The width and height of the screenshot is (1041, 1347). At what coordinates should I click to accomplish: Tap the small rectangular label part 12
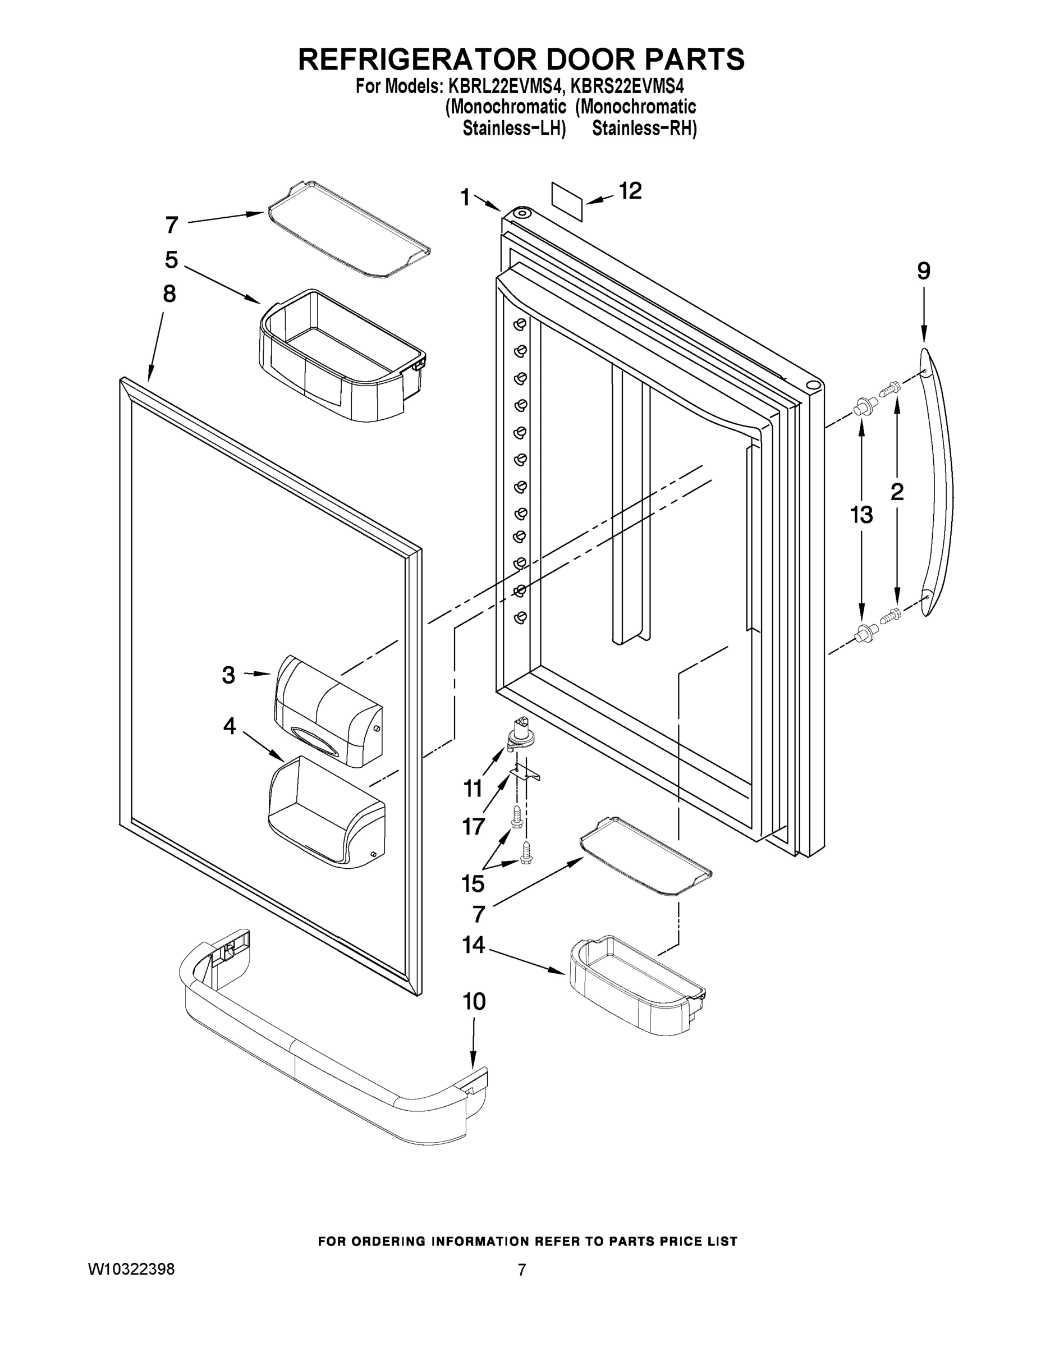point(567,201)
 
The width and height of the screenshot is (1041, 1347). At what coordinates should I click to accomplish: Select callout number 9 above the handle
point(923,272)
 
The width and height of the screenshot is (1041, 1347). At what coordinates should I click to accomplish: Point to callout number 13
point(861,514)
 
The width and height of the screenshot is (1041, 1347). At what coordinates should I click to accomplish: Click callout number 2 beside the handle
point(897,492)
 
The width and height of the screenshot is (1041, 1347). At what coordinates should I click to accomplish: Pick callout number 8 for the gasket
point(169,294)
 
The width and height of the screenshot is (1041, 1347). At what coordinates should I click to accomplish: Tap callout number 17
point(474,826)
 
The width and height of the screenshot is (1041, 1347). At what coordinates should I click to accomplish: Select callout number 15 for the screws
point(473,884)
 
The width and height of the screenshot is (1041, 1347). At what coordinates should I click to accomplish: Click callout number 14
point(473,944)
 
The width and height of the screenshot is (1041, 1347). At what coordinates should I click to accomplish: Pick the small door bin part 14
point(635,985)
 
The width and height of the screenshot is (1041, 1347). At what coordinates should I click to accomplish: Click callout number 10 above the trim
point(474,1002)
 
